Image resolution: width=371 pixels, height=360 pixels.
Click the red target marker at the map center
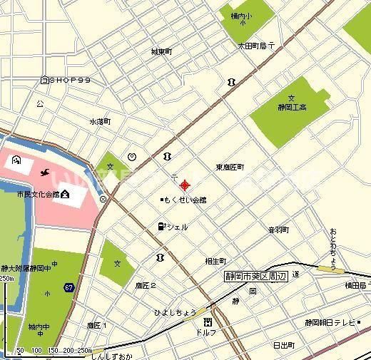pyautogui.click(x=185, y=185)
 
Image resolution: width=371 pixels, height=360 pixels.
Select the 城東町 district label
pyautogui.click(x=161, y=51)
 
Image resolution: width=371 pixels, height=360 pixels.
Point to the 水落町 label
pyautogui.click(x=100, y=122)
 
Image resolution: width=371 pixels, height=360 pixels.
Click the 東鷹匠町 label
pyautogui.click(x=230, y=167)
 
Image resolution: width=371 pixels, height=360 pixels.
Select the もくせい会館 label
pyautogui.click(x=185, y=200)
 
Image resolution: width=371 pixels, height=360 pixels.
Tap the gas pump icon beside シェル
pyautogui.click(x=161, y=227)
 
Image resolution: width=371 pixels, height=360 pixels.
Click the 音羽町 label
pyautogui.click(x=278, y=230)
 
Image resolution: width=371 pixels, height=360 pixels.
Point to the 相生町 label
pyautogui.click(x=215, y=261)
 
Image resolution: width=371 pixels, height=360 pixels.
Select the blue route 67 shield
pyautogui.click(x=68, y=287)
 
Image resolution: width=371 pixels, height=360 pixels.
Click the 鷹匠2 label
pyautogui.click(x=146, y=285)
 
